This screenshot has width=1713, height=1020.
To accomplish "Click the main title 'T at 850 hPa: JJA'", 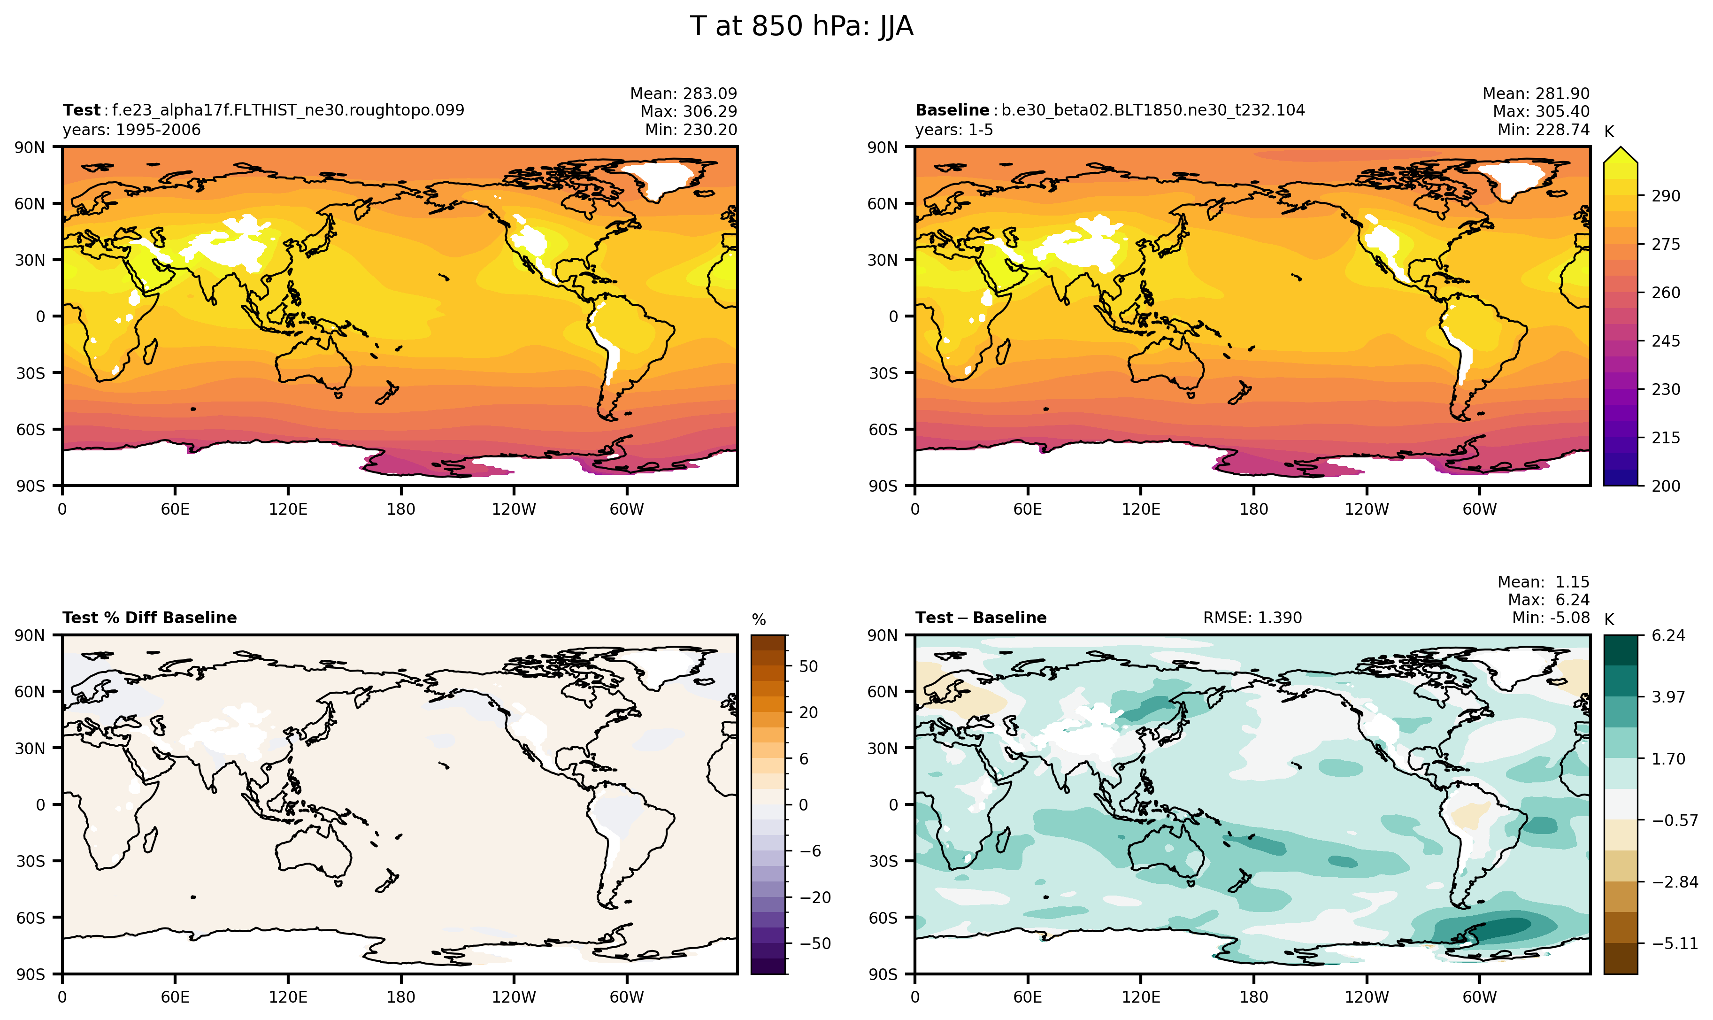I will click(801, 27).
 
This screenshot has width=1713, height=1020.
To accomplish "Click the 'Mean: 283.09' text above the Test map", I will click(683, 93).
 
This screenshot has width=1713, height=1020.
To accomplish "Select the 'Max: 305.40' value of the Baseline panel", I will click(1541, 111).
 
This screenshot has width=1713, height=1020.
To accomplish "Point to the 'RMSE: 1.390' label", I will click(1252, 618).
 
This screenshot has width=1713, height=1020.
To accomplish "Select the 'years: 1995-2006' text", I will click(131, 130).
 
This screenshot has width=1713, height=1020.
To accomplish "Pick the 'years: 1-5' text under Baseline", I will click(954, 130).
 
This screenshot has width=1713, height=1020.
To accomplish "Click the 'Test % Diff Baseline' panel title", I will click(149, 618).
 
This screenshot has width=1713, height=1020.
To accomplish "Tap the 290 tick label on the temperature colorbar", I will click(1666, 196).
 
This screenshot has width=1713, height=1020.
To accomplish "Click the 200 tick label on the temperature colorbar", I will click(1666, 486).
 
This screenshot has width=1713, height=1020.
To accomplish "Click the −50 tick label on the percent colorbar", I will click(815, 944).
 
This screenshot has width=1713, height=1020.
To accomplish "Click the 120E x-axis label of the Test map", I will click(288, 510).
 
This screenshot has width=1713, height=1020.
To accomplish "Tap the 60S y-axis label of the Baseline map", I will click(883, 430).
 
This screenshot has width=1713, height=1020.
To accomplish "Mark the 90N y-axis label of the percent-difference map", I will click(30, 636).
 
